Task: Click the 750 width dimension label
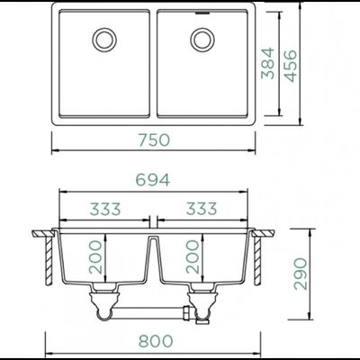[x=154, y=140]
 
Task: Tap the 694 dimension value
[x=153, y=180]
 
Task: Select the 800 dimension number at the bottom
[x=156, y=341]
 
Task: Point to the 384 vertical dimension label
[x=267, y=63]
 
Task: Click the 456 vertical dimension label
[x=290, y=66]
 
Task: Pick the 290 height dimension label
[x=301, y=274]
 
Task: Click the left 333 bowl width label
[x=105, y=209]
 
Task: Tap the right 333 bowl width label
[x=202, y=209]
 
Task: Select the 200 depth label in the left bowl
[x=95, y=257]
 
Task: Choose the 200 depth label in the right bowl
[x=193, y=256]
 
